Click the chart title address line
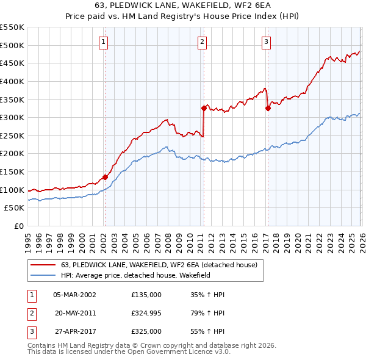pyautogui.click(x=182, y=5)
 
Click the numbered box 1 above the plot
pyautogui.click(x=104, y=42)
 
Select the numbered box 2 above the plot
pyautogui.click(x=202, y=42)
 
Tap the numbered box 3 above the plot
pyautogui.click(x=267, y=42)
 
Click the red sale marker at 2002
pyautogui.click(x=105, y=177)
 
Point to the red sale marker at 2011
pyautogui.click(x=204, y=108)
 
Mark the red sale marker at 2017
pyautogui.click(x=268, y=108)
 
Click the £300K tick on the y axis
pyautogui.click(x=12, y=117)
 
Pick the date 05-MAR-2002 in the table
pyautogui.click(x=74, y=295)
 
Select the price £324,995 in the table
pyautogui.click(x=146, y=313)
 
